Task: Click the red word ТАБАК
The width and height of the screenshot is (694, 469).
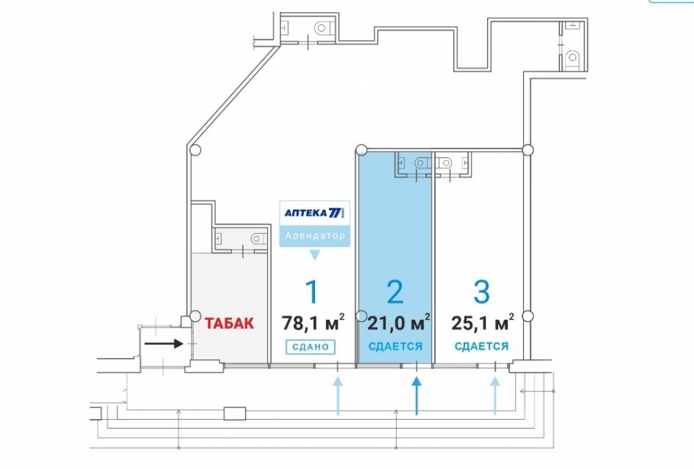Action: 229,323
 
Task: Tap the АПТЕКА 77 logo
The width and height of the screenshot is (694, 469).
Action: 314,213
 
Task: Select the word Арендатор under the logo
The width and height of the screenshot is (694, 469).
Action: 314,235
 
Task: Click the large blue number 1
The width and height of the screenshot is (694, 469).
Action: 312,291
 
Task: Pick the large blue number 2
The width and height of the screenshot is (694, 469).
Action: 395,291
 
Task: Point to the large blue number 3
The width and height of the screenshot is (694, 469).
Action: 482,291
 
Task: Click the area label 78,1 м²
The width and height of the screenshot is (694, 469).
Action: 314,322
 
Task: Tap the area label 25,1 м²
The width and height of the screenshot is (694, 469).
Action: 482,322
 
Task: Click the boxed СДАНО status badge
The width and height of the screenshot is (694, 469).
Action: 310,347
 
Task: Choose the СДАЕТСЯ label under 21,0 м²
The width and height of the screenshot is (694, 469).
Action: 396,346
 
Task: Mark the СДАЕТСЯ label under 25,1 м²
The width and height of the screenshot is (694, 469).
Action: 482,346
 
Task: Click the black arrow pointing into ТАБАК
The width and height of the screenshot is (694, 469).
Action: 164,343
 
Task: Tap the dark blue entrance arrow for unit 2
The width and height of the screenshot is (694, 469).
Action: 416,395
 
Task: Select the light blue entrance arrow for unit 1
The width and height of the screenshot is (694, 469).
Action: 338,395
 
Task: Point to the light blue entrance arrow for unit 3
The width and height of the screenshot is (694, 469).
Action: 495,395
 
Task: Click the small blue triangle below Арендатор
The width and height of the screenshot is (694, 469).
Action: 314,255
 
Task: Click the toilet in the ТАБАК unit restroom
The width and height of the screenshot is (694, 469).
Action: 258,239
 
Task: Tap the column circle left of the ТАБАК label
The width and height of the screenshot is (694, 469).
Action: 195,316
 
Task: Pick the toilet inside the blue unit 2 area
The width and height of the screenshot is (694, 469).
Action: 422,163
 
